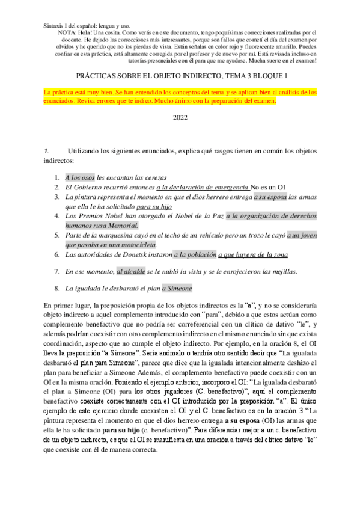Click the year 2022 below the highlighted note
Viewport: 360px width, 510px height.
pyautogui.click(x=180, y=118)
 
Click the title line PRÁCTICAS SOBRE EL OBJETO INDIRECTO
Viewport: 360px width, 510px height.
pyautogui.click(x=180, y=76)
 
